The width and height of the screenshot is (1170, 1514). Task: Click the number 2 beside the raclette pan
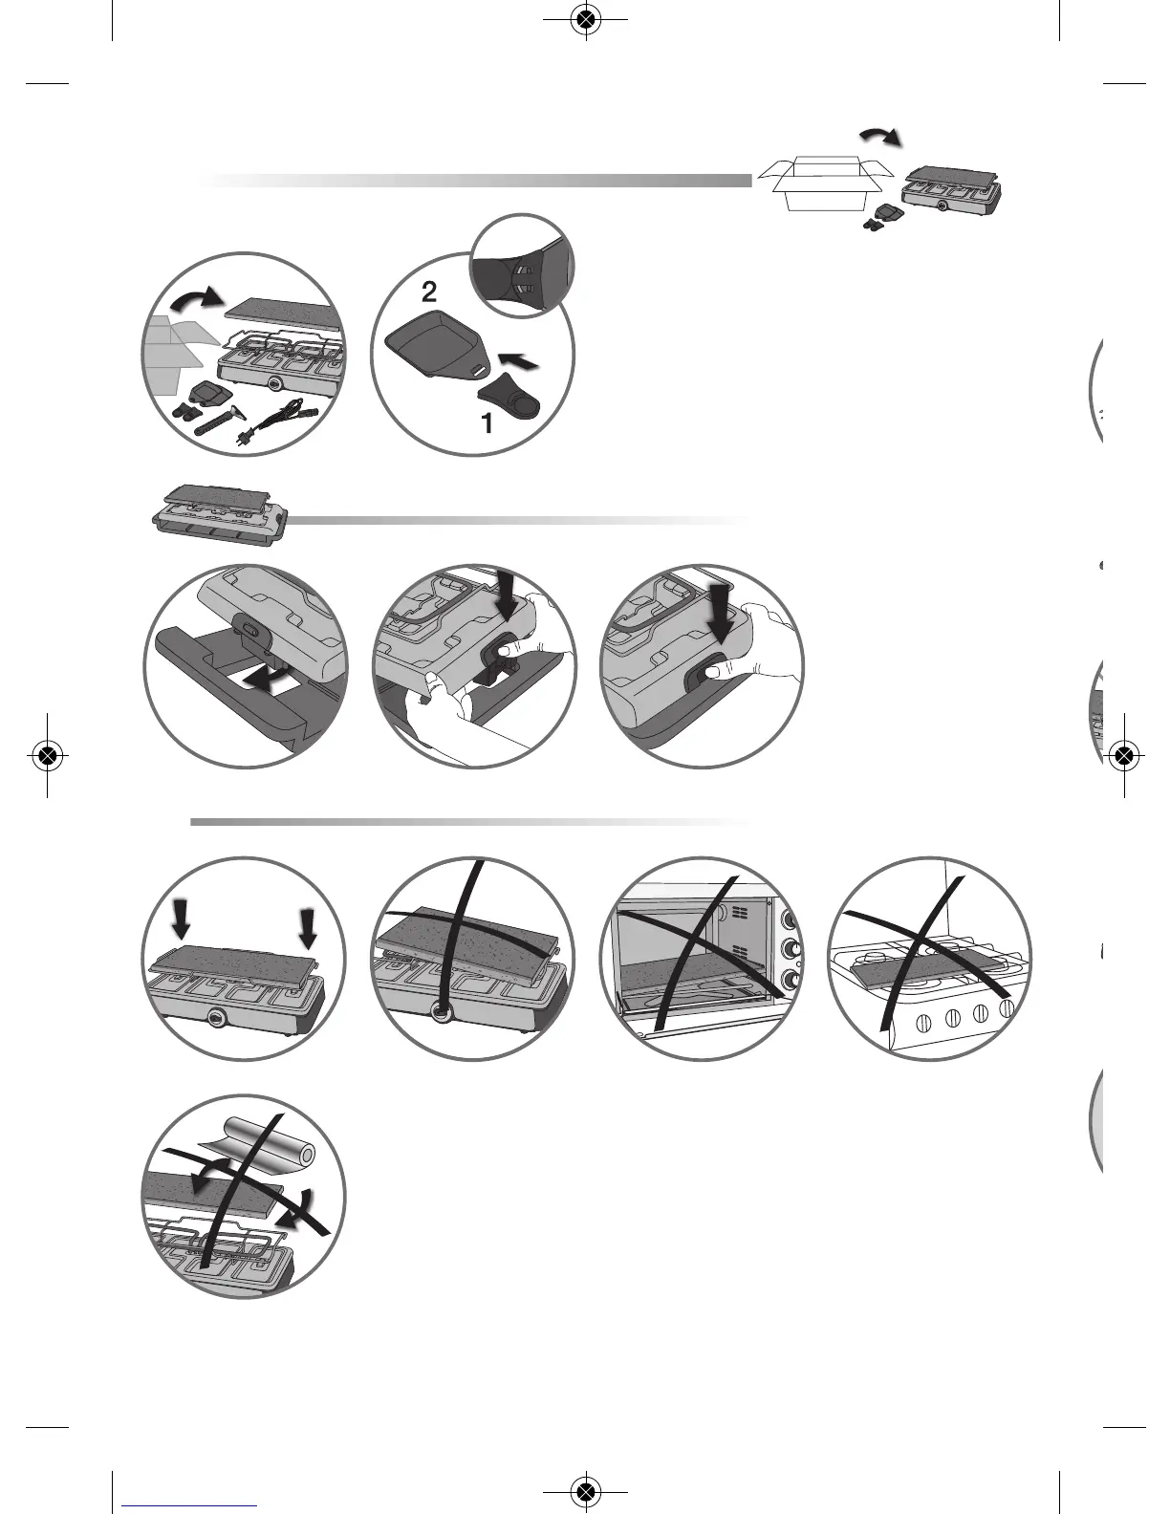coord(429,292)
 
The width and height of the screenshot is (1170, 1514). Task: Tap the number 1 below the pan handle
coord(487,423)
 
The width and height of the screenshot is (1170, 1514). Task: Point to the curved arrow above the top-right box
coord(880,136)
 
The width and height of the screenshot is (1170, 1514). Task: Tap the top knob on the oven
coord(791,920)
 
